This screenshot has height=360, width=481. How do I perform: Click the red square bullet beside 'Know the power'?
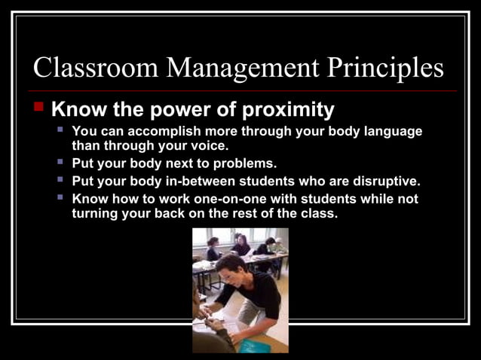(x=40, y=107)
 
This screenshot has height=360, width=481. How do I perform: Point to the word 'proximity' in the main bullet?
(x=288, y=110)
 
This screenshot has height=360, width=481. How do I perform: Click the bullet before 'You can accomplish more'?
(x=61, y=130)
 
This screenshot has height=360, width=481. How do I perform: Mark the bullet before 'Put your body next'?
(x=61, y=162)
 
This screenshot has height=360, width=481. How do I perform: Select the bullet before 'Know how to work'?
(x=61, y=197)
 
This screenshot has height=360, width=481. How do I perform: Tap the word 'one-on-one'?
(x=239, y=199)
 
